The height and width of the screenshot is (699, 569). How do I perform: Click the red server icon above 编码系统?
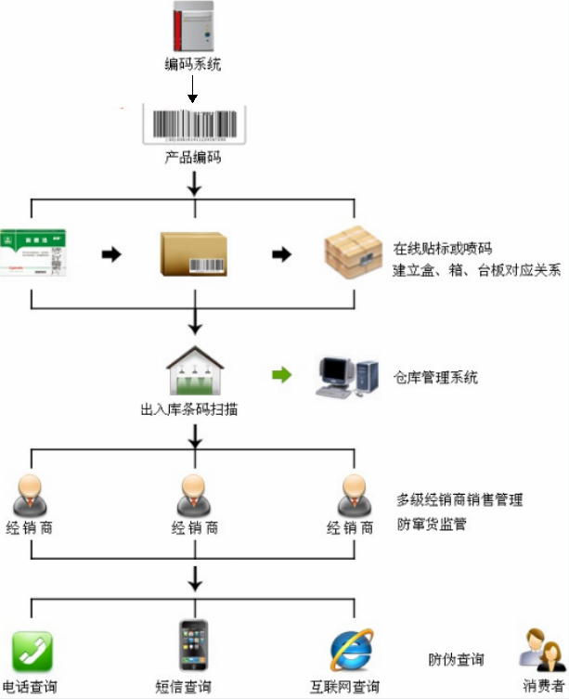point(193,27)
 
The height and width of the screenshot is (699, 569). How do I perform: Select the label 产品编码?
point(193,159)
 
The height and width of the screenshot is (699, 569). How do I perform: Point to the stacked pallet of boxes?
point(353,253)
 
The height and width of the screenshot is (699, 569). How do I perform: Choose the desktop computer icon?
point(346,376)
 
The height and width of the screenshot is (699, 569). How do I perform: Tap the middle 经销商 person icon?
point(194,495)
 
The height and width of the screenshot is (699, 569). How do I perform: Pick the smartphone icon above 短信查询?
point(193,645)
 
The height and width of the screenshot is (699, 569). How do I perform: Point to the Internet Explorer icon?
point(352,651)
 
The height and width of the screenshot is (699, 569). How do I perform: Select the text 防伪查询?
point(456,660)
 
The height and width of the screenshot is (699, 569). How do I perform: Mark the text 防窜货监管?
point(432,524)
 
